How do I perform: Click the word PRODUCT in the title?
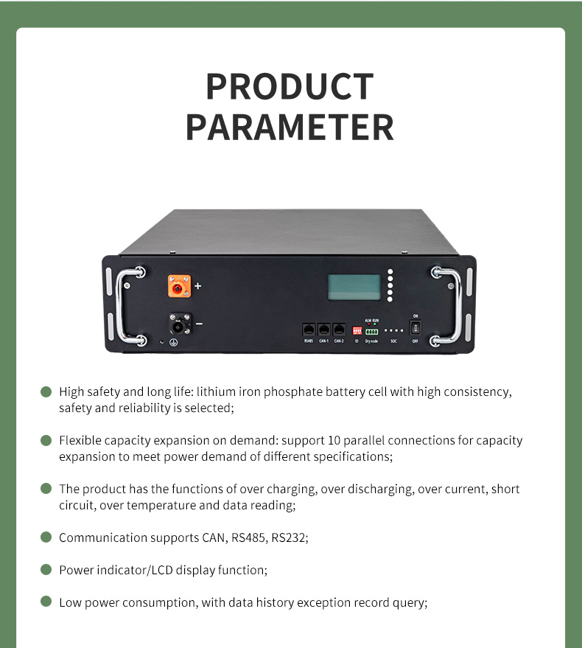click(x=290, y=87)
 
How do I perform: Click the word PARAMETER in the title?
click(x=290, y=127)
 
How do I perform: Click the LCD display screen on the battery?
click(x=354, y=287)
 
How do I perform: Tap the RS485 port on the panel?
click(x=309, y=330)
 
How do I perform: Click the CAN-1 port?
click(x=323, y=330)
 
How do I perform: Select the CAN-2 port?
click(x=338, y=330)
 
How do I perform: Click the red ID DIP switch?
click(x=357, y=331)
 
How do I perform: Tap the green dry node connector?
click(x=371, y=332)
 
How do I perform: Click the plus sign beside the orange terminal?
click(x=197, y=285)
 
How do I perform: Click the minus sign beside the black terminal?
click(x=199, y=324)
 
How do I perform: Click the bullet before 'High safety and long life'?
click(x=46, y=391)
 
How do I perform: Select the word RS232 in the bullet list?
click(x=289, y=537)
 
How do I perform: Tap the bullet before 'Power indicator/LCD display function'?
click(x=46, y=570)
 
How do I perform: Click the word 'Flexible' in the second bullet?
click(x=80, y=440)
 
